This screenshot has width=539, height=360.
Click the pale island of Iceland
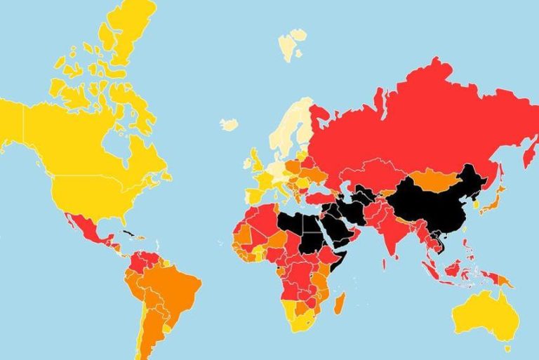pos(229,124)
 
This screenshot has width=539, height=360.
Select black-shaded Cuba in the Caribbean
pos(128,233)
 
